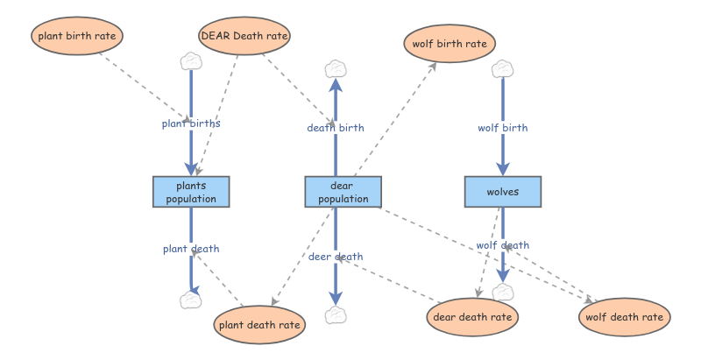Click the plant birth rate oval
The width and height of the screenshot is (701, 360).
[79, 37]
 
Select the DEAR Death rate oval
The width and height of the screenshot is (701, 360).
[244, 37]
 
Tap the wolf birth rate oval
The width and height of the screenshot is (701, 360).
[450, 44]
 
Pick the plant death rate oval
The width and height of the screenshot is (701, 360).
[260, 325]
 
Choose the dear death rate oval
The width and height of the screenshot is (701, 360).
[472, 316]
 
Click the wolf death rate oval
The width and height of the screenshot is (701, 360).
[625, 316]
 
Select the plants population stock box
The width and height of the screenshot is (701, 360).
[191, 192]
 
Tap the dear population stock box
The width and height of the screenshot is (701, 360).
[343, 192]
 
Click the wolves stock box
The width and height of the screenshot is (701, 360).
[503, 192]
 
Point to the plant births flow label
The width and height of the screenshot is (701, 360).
[191, 124]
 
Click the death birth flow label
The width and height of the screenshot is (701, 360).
[335, 128]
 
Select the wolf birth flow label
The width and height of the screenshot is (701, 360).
[503, 128]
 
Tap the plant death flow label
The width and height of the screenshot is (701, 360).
[191, 249]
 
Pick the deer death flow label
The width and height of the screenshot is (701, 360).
[335, 257]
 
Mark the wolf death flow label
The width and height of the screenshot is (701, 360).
[503, 245]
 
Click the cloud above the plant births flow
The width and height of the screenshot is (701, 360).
[191, 61]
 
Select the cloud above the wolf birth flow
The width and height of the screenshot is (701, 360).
[502, 68]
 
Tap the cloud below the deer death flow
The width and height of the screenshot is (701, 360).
[335, 315]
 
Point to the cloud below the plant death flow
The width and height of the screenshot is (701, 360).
[191, 300]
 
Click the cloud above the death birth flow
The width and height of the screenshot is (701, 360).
[335, 68]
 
